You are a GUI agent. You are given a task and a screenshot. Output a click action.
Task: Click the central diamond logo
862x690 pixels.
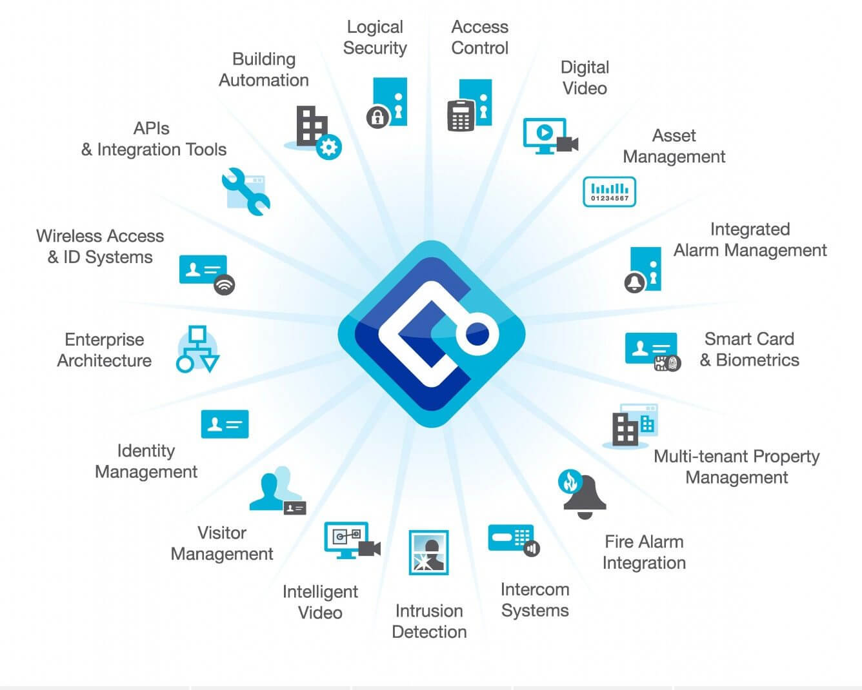pyautogui.click(x=431, y=334)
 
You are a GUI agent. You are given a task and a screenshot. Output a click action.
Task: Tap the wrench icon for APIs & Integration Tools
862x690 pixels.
pyautogui.click(x=246, y=191)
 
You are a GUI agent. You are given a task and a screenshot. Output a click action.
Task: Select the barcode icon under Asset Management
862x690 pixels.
pyautogui.click(x=609, y=192)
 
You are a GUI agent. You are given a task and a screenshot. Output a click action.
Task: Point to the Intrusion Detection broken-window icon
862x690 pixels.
pyautogui.click(x=428, y=553)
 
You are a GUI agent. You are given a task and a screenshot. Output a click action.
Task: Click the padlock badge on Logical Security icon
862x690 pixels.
pyautogui.click(x=376, y=117)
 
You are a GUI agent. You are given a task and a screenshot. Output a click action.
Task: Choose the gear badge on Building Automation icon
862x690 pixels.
pyautogui.click(x=329, y=147)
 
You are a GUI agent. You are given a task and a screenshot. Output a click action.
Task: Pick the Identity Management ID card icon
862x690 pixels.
pyautogui.click(x=225, y=424)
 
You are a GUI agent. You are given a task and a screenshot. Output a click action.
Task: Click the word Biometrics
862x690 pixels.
pyautogui.click(x=757, y=360)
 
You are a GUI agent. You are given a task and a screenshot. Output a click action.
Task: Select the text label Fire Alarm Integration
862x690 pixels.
pyautogui.click(x=644, y=552)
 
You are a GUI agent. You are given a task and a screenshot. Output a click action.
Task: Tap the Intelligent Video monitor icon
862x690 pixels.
pyautogui.click(x=347, y=538)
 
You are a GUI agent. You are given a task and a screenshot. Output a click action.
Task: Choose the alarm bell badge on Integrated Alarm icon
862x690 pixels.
pyautogui.click(x=634, y=282)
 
